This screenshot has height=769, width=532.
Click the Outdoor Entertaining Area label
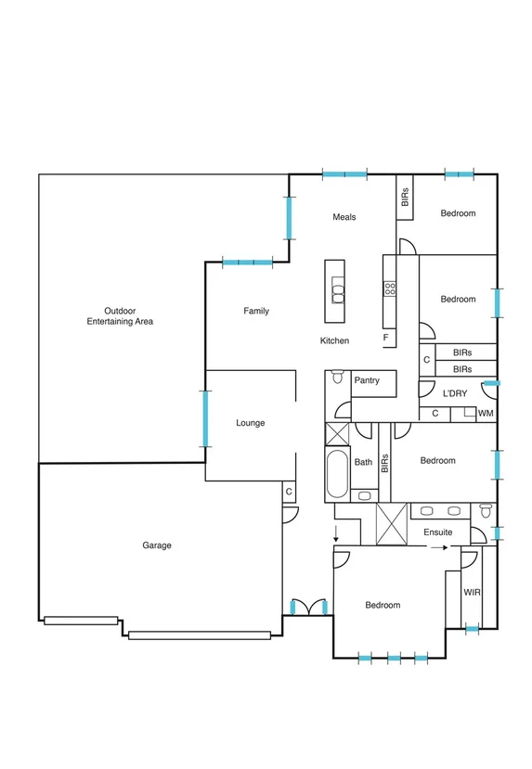point(120,315)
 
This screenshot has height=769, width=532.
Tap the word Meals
point(344,217)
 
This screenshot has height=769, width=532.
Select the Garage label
point(157,545)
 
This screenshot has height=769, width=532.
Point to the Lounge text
point(251,423)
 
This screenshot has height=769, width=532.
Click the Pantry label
point(367,380)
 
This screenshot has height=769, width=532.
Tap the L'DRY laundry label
point(454,393)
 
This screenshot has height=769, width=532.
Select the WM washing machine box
point(486,413)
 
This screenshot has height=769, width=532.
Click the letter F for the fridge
point(386,338)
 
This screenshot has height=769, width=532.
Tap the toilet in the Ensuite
point(486,512)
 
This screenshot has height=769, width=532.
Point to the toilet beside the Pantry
point(337,379)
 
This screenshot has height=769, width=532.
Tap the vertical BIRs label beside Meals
point(405,196)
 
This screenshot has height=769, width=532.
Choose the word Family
point(256,311)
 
